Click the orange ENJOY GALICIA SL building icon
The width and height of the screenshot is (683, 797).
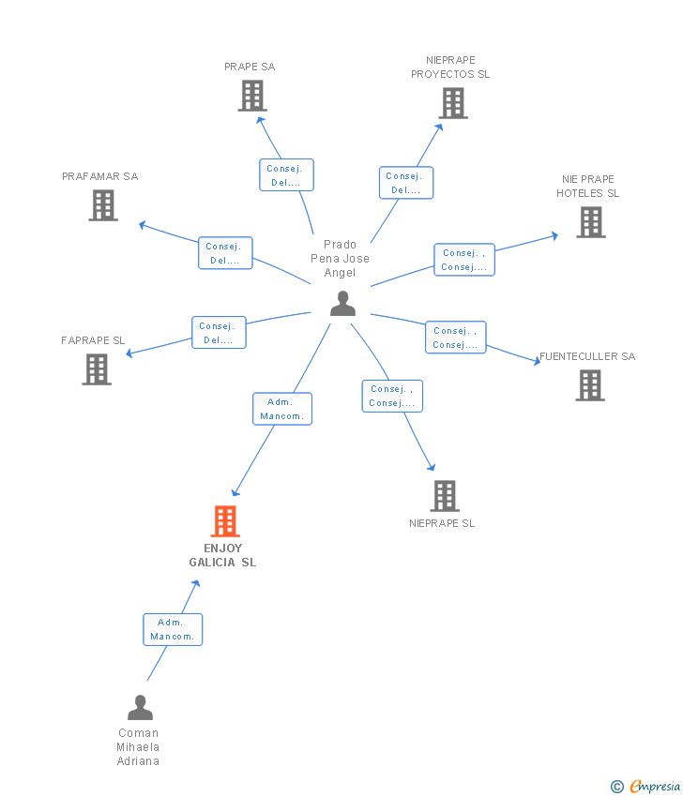point(225,521)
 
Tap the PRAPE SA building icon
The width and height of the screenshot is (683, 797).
point(251,96)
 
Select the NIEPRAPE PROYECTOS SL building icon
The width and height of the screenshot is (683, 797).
point(452,103)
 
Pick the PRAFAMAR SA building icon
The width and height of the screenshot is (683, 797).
point(103,205)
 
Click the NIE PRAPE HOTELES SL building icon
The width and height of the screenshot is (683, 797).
point(590,222)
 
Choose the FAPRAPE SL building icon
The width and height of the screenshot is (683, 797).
point(97,369)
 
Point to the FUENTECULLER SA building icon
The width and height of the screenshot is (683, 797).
point(590,385)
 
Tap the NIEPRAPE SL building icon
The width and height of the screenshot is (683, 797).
point(444,496)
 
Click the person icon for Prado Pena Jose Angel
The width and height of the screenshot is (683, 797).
point(342,304)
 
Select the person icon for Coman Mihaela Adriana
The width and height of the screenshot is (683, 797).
point(140,708)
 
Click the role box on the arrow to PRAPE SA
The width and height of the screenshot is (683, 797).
point(286,175)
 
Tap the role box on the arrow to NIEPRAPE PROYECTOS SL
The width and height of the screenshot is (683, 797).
point(405,183)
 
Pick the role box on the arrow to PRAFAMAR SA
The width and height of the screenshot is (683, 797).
point(225,253)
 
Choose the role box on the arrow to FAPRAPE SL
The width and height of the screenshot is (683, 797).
point(219,333)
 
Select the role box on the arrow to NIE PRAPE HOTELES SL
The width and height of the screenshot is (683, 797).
point(463,260)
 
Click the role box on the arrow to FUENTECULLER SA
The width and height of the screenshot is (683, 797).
point(455,338)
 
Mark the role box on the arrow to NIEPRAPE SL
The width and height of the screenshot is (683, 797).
point(392,396)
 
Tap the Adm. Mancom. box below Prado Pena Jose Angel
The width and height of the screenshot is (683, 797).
point(282,409)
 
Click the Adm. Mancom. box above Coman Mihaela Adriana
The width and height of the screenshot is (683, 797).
point(172,629)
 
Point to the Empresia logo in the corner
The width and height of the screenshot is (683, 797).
point(646,787)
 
